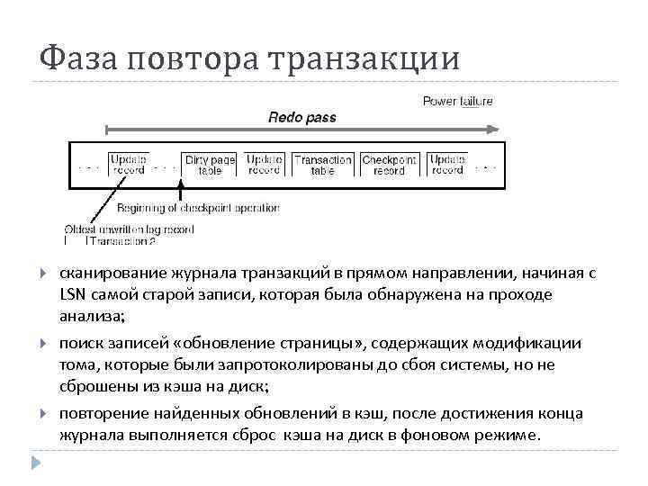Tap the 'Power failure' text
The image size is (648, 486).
457,102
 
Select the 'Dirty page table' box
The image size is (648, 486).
209,165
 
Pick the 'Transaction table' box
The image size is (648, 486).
323,165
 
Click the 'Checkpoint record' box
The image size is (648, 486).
389,165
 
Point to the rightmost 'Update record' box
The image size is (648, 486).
447,165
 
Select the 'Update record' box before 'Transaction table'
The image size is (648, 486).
264,165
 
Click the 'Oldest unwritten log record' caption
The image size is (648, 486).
129,229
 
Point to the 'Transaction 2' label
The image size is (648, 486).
121,241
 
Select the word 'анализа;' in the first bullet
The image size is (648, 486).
93,316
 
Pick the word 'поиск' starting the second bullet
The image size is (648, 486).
80,343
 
